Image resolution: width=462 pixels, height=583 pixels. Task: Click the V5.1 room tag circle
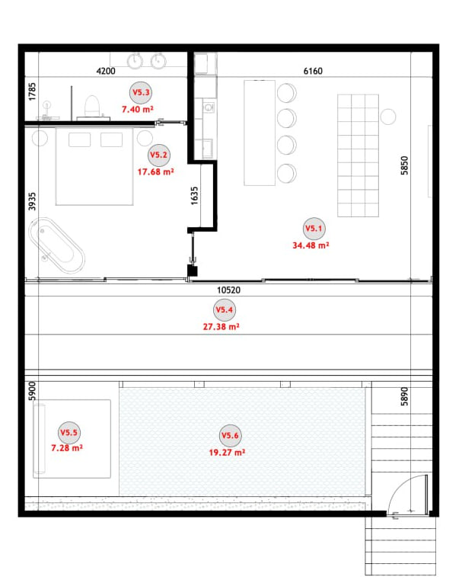(x=314, y=229)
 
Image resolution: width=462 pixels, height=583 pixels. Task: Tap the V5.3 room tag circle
(x=141, y=92)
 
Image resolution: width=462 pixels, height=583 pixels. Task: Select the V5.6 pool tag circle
(x=231, y=435)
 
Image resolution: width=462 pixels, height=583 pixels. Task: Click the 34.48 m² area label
(x=311, y=245)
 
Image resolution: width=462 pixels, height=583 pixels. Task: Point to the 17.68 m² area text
(x=155, y=171)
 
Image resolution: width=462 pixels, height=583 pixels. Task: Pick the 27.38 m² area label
(x=221, y=326)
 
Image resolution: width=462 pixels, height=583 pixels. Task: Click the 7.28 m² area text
(x=67, y=447)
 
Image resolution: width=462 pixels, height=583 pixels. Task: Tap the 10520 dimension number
(x=229, y=290)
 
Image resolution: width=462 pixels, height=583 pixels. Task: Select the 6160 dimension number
(x=313, y=71)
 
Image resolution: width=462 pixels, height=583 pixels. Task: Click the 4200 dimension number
(x=106, y=71)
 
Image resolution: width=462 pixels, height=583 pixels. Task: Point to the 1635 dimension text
(x=194, y=196)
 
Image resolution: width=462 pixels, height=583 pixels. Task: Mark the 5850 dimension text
(x=404, y=165)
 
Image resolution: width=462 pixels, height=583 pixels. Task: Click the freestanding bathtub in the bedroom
(x=56, y=245)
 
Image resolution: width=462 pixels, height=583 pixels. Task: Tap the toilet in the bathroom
(x=92, y=107)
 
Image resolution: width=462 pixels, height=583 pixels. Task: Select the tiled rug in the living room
(x=358, y=155)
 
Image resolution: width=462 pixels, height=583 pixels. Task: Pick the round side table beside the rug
(x=388, y=117)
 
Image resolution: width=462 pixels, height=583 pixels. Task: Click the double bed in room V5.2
(x=94, y=166)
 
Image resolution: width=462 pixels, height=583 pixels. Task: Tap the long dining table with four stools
(x=260, y=133)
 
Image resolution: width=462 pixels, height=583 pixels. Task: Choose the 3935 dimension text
(x=32, y=201)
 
